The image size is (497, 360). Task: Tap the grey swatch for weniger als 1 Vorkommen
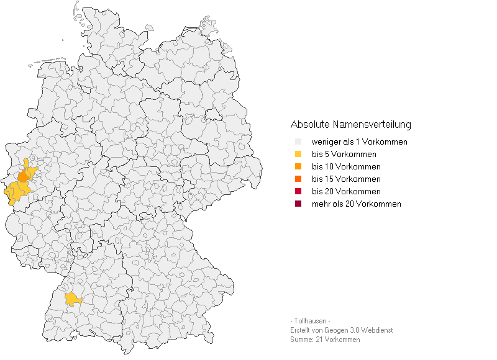298,142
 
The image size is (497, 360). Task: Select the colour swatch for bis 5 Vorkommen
298,154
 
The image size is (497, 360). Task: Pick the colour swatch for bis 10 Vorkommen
298,166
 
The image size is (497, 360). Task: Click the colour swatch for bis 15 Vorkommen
298,179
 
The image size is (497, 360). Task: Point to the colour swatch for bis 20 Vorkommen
298,191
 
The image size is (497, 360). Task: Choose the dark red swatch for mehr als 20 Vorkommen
298,204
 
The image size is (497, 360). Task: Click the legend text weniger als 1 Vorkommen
359,142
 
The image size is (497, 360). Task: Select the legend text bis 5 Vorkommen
344,155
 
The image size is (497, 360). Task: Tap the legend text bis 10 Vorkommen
345,167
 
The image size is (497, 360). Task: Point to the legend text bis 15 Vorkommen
345,179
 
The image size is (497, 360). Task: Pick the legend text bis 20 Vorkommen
345,192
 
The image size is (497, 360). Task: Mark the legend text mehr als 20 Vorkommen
356,204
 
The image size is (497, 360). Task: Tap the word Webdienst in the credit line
377,330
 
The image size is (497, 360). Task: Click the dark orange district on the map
23,176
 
